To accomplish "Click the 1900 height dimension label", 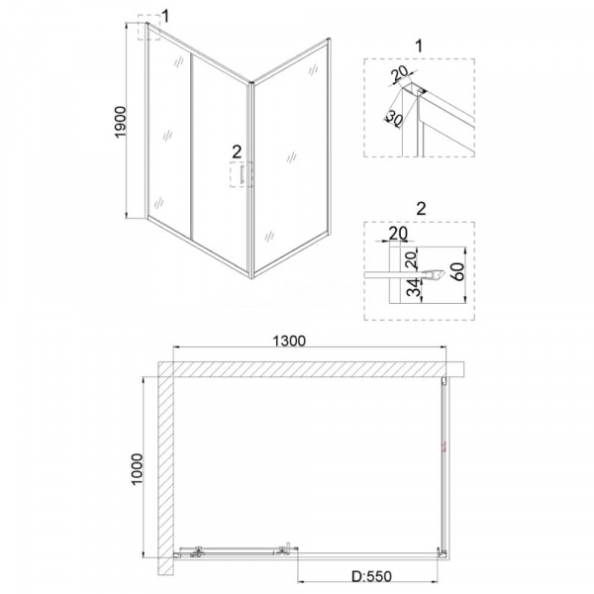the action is pos(120,122).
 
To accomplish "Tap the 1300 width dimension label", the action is pos(289,341).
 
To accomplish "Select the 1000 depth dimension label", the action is pos(137,468).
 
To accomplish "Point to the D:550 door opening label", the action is pos(371,576).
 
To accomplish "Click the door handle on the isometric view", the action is pos(242,174).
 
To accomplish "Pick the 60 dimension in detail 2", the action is pos(458,271).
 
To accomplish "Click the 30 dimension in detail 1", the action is pos(394,119).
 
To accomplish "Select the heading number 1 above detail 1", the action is pos(419,46).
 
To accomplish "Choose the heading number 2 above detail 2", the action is pos(421,208).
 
